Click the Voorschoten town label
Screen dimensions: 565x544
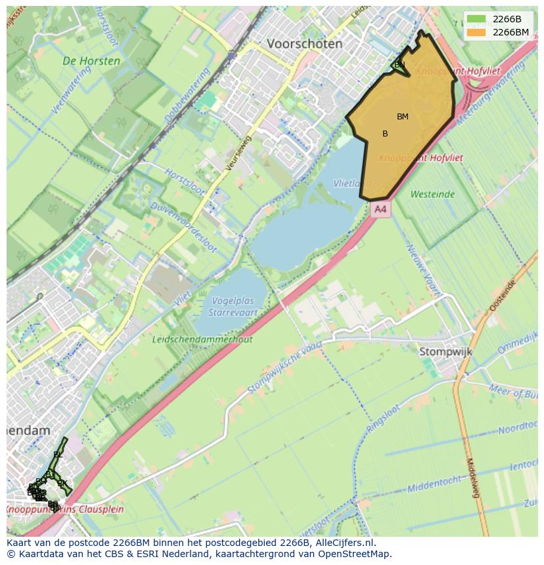[x=304, y=44]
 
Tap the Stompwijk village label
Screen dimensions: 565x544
[x=445, y=352]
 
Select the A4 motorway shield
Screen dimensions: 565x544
[x=380, y=209]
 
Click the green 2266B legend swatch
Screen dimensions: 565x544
[x=477, y=19]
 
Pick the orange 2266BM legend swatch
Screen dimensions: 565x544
[x=477, y=31]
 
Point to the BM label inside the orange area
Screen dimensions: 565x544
[x=402, y=117]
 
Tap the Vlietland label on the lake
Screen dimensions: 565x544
[x=348, y=184]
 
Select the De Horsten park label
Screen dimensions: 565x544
[x=91, y=61]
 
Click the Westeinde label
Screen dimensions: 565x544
[x=432, y=194]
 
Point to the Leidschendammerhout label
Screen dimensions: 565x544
[x=202, y=339]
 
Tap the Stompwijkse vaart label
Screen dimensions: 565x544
[x=284, y=369]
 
